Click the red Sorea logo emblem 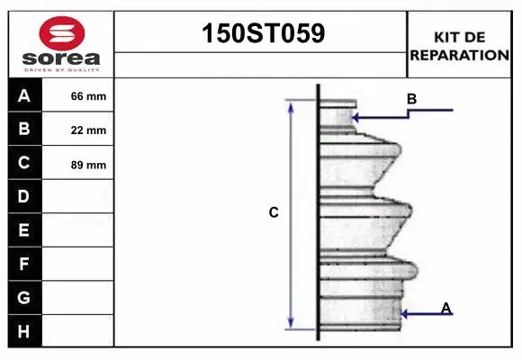coord(62,33)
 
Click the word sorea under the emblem coord(61,58)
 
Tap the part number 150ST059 coord(264,33)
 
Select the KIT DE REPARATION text coord(459,46)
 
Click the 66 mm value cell coord(78,95)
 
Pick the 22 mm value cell coord(78,130)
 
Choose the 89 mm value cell coord(78,163)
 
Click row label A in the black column coord(24,96)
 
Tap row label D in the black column coord(23,196)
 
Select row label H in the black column coord(23,331)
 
